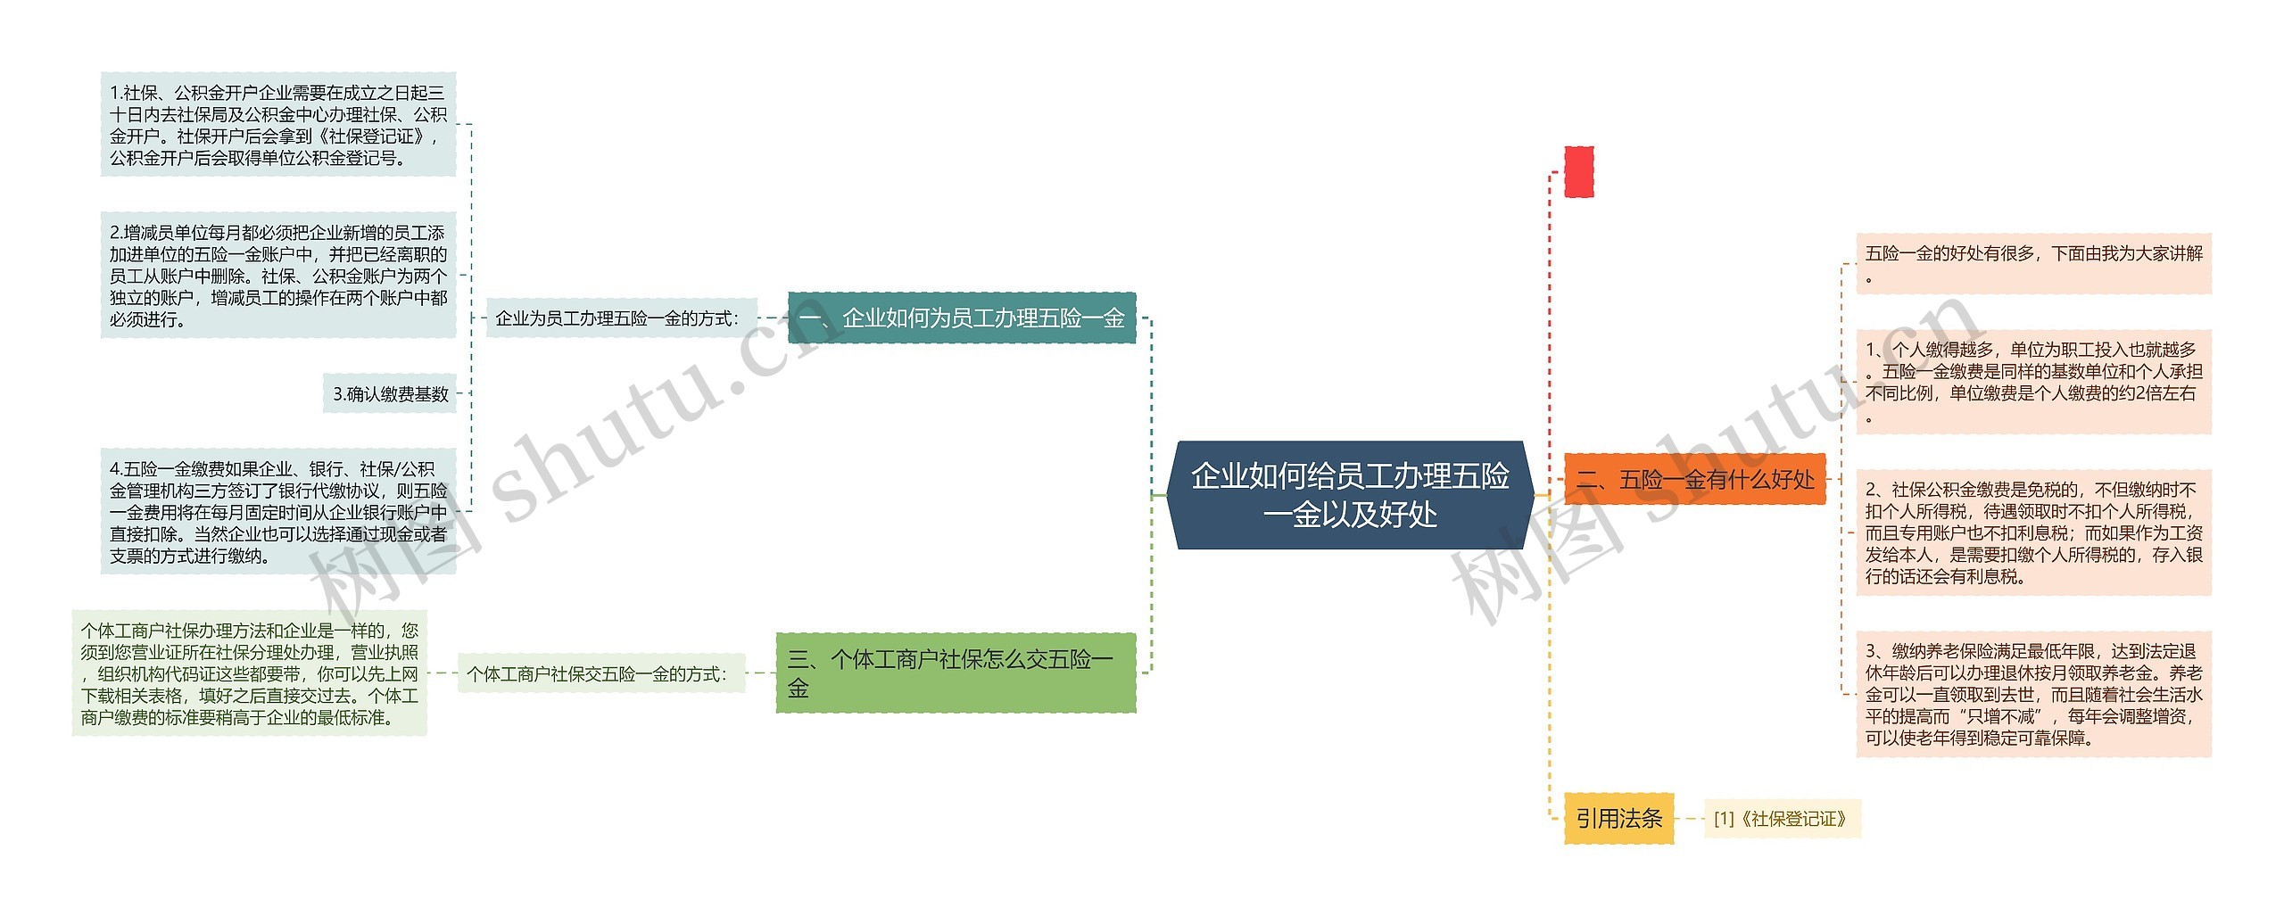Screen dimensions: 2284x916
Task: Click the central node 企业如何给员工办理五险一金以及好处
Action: point(1350,495)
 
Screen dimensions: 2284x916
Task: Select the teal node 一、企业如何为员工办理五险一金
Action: point(961,318)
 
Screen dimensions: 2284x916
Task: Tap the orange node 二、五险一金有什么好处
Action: point(1694,480)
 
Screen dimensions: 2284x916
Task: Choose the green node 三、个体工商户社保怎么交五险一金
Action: point(956,673)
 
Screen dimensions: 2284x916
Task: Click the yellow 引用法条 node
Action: point(1618,818)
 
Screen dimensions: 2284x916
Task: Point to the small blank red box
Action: point(1578,172)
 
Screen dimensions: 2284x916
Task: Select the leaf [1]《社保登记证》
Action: point(1781,819)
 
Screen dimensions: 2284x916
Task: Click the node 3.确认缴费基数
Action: point(390,393)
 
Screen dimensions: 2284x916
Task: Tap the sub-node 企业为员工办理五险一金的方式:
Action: point(618,318)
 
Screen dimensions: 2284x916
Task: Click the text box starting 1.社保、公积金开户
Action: point(278,125)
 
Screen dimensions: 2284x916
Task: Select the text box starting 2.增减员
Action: point(278,276)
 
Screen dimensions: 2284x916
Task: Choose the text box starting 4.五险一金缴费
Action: point(278,512)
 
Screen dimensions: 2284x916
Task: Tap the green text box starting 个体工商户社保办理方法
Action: point(250,673)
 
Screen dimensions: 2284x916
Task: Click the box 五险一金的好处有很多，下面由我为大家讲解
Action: point(2033,264)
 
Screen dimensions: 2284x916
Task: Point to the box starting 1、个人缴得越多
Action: point(2033,382)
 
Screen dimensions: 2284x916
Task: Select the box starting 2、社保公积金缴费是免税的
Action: point(2033,532)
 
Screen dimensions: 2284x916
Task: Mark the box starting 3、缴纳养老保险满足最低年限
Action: point(2033,694)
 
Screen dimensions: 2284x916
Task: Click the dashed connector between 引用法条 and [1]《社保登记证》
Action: point(1690,819)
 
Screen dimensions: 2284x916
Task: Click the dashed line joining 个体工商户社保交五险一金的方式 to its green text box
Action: point(443,674)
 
